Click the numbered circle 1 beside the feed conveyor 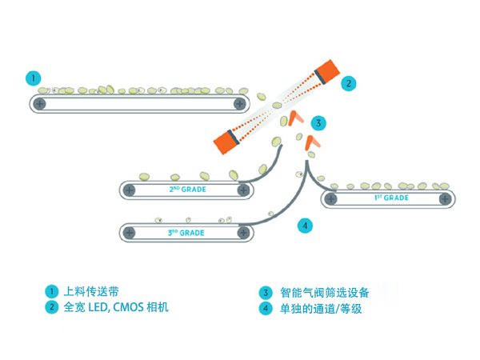click(x=33, y=78)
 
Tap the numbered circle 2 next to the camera click(x=348, y=82)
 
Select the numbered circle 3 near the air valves click(x=318, y=122)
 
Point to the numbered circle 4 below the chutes click(x=305, y=226)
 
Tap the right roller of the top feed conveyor click(x=239, y=104)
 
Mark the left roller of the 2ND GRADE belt click(x=130, y=190)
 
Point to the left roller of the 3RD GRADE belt click(x=130, y=233)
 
